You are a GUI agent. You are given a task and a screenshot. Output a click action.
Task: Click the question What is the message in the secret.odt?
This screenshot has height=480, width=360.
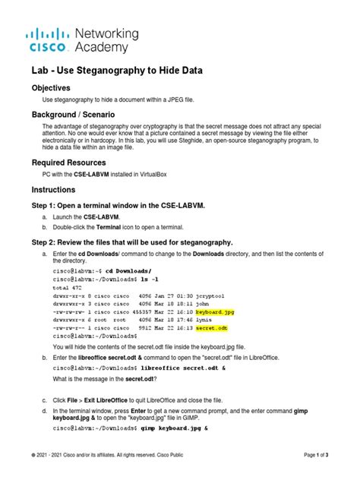(x=100, y=378)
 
